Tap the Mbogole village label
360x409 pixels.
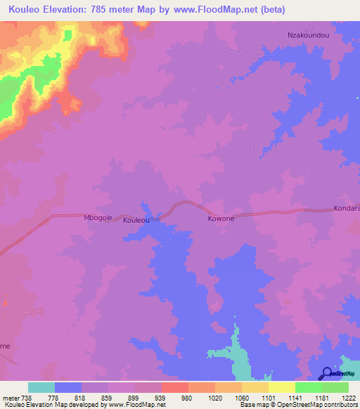click(x=98, y=218)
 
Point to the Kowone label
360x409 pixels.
click(x=221, y=219)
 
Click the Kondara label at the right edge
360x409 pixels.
click(x=346, y=209)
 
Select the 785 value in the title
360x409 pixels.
click(x=98, y=8)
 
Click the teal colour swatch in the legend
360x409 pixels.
click(x=41, y=387)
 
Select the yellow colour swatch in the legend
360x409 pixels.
click(x=281, y=387)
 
